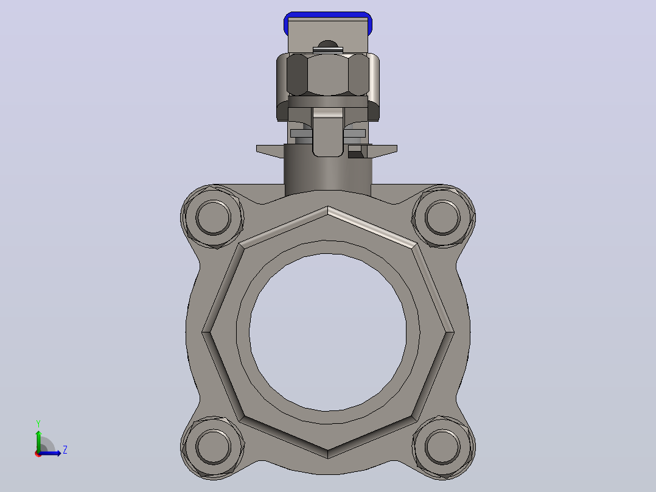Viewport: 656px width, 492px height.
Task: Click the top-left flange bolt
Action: click(x=213, y=217)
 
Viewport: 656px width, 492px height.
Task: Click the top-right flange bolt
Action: click(x=442, y=217)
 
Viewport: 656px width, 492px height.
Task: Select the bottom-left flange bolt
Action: click(x=213, y=446)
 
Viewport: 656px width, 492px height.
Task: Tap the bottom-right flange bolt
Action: click(x=442, y=446)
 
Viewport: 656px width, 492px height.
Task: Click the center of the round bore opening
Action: click(x=327, y=332)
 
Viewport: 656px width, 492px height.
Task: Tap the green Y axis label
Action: click(x=38, y=424)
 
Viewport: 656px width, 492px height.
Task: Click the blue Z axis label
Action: click(x=65, y=450)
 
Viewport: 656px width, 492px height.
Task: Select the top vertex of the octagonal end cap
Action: click(x=327, y=206)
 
